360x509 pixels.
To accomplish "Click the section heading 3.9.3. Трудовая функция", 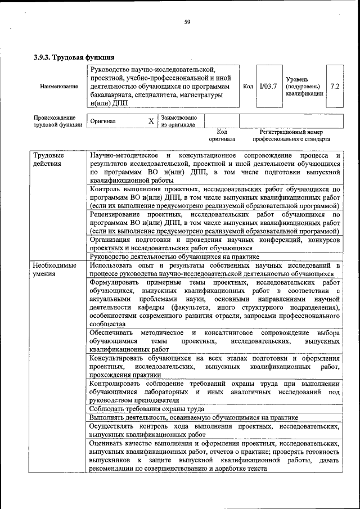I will coord(74,57).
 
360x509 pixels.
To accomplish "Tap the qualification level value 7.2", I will coord(335,87).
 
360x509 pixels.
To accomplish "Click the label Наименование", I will coord(58,87).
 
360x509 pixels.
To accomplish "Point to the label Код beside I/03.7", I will coord(247,87).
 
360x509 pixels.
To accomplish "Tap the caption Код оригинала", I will coord(222,135).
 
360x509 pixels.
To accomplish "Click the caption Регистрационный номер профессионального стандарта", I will coord(291,135).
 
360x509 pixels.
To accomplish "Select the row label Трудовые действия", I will coord(48,159).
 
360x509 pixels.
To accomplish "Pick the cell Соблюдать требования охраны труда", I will coord(147,409).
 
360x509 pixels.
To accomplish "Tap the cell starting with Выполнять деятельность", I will coord(193,417).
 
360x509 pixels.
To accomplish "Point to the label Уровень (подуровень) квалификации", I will coord(304,87).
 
